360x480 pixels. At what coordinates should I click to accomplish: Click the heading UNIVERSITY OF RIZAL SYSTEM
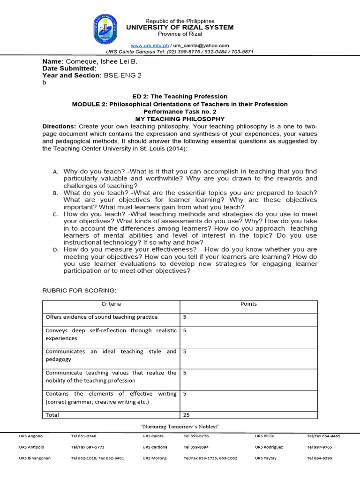point(180,28)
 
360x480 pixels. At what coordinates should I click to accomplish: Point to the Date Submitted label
point(69,68)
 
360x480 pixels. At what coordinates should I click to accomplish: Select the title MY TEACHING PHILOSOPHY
point(180,119)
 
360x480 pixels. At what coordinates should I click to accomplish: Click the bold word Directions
point(59,127)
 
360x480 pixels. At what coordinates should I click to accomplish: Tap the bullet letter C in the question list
point(55,215)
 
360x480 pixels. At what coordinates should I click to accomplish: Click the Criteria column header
point(111,304)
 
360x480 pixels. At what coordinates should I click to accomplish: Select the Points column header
point(248,304)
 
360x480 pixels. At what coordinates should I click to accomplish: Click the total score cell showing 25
point(186,415)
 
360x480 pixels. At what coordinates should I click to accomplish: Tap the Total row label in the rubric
point(52,415)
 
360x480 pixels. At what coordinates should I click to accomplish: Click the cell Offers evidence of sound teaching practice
point(101,317)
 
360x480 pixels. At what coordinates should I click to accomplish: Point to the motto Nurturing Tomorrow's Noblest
point(180,426)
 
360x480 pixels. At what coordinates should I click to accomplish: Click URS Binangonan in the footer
point(35,458)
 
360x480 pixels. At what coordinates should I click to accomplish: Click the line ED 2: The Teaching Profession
point(180,97)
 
